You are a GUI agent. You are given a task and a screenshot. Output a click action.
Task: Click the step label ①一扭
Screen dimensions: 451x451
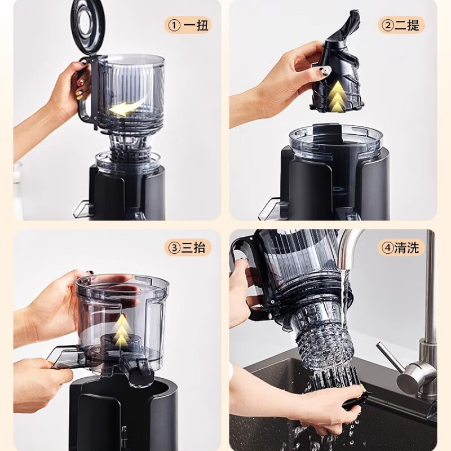pos(188,25)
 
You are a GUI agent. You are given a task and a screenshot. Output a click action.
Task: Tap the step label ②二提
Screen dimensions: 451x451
pos(401,25)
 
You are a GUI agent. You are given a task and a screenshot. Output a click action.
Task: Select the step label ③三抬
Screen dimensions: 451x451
pos(188,247)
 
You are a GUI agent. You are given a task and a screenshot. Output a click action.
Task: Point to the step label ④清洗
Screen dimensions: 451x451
pos(401,247)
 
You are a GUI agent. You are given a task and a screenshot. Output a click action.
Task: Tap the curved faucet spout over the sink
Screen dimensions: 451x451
pos(350,247)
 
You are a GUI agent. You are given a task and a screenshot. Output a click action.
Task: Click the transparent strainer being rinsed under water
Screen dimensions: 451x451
pos(322,337)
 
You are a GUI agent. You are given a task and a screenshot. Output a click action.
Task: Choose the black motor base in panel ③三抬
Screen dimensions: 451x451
pos(123,414)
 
